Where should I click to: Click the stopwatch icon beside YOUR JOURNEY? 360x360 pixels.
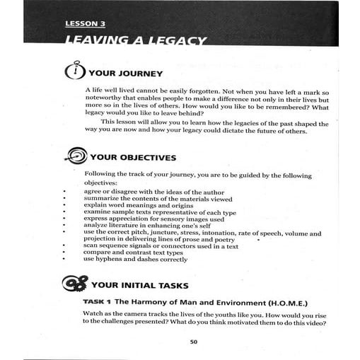point(74,72)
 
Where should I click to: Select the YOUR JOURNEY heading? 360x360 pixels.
point(126,74)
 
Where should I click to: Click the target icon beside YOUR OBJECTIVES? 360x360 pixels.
point(76,156)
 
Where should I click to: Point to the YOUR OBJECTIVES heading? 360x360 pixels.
point(133,158)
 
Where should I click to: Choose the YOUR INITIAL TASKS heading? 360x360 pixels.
point(139,286)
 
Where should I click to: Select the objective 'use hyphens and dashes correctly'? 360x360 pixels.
point(135,260)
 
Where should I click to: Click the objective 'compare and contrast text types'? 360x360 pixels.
point(135,252)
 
